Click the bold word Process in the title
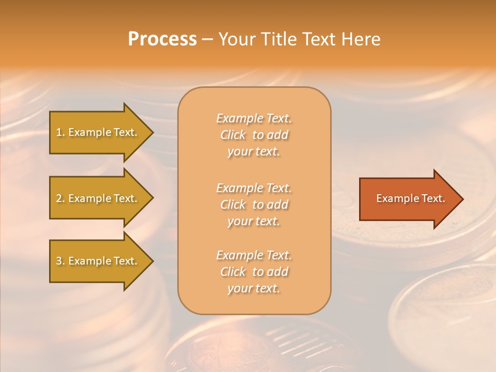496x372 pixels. coord(162,39)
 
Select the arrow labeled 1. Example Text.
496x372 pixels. coord(98,132)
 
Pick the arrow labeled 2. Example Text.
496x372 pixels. coord(98,198)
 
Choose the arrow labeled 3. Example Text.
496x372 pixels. coord(98,261)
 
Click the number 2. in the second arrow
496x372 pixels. coord(60,198)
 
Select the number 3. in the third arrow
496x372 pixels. coord(60,261)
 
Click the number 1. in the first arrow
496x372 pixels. coord(60,132)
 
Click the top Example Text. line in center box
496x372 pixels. coord(254,118)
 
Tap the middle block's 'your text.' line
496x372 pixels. coord(254,221)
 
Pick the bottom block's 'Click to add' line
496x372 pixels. coord(254,272)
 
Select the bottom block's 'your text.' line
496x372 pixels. coord(254,288)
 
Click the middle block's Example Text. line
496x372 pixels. coord(254,188)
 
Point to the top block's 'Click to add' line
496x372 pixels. coord(254,135)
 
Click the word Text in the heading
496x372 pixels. coord(320,39)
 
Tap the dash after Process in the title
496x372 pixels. coord(207,39)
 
